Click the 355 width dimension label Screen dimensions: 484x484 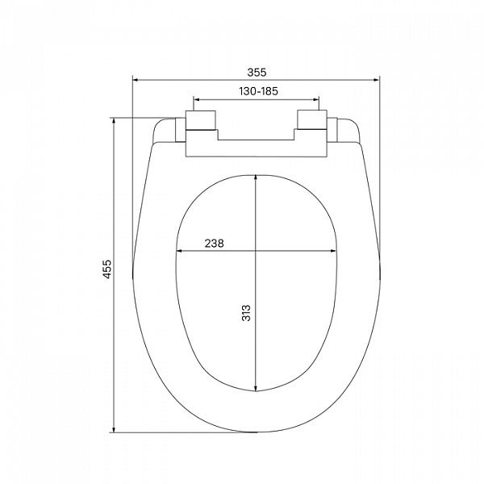coord(257,73)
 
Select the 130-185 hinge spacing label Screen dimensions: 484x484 coord(259,91)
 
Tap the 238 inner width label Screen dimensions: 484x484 coord(214,244)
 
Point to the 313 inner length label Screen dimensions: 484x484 coord(246,313)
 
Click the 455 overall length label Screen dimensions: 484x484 coord(107,269)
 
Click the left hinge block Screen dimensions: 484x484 coord(201,119)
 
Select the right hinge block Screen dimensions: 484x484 coord(311,119)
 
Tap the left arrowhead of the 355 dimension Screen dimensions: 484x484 coord(135,80)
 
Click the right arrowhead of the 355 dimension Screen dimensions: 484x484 coord(377,80)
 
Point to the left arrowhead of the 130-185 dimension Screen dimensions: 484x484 coord(196,99)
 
